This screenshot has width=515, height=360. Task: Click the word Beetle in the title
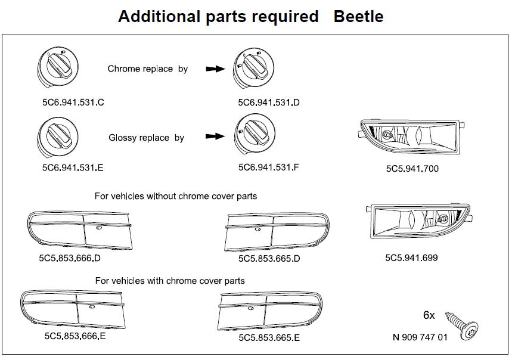(358, 16)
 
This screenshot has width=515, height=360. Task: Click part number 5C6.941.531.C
(73, 102)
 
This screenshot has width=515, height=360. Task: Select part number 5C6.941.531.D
(268, 103)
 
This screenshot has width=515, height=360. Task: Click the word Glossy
(123, 138)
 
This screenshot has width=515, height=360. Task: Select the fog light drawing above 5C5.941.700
(413, 136)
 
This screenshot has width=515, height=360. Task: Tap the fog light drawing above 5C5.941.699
(417, 222)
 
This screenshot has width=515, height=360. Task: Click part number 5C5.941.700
(412, 169)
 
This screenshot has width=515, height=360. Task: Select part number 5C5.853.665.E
(269, 338)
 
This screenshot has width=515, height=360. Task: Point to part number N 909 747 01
(420, 337)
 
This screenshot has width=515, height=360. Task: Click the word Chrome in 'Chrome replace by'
(123, 69)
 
